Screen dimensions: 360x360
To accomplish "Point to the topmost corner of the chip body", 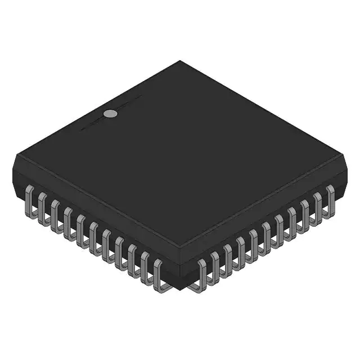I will click(180, 61).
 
